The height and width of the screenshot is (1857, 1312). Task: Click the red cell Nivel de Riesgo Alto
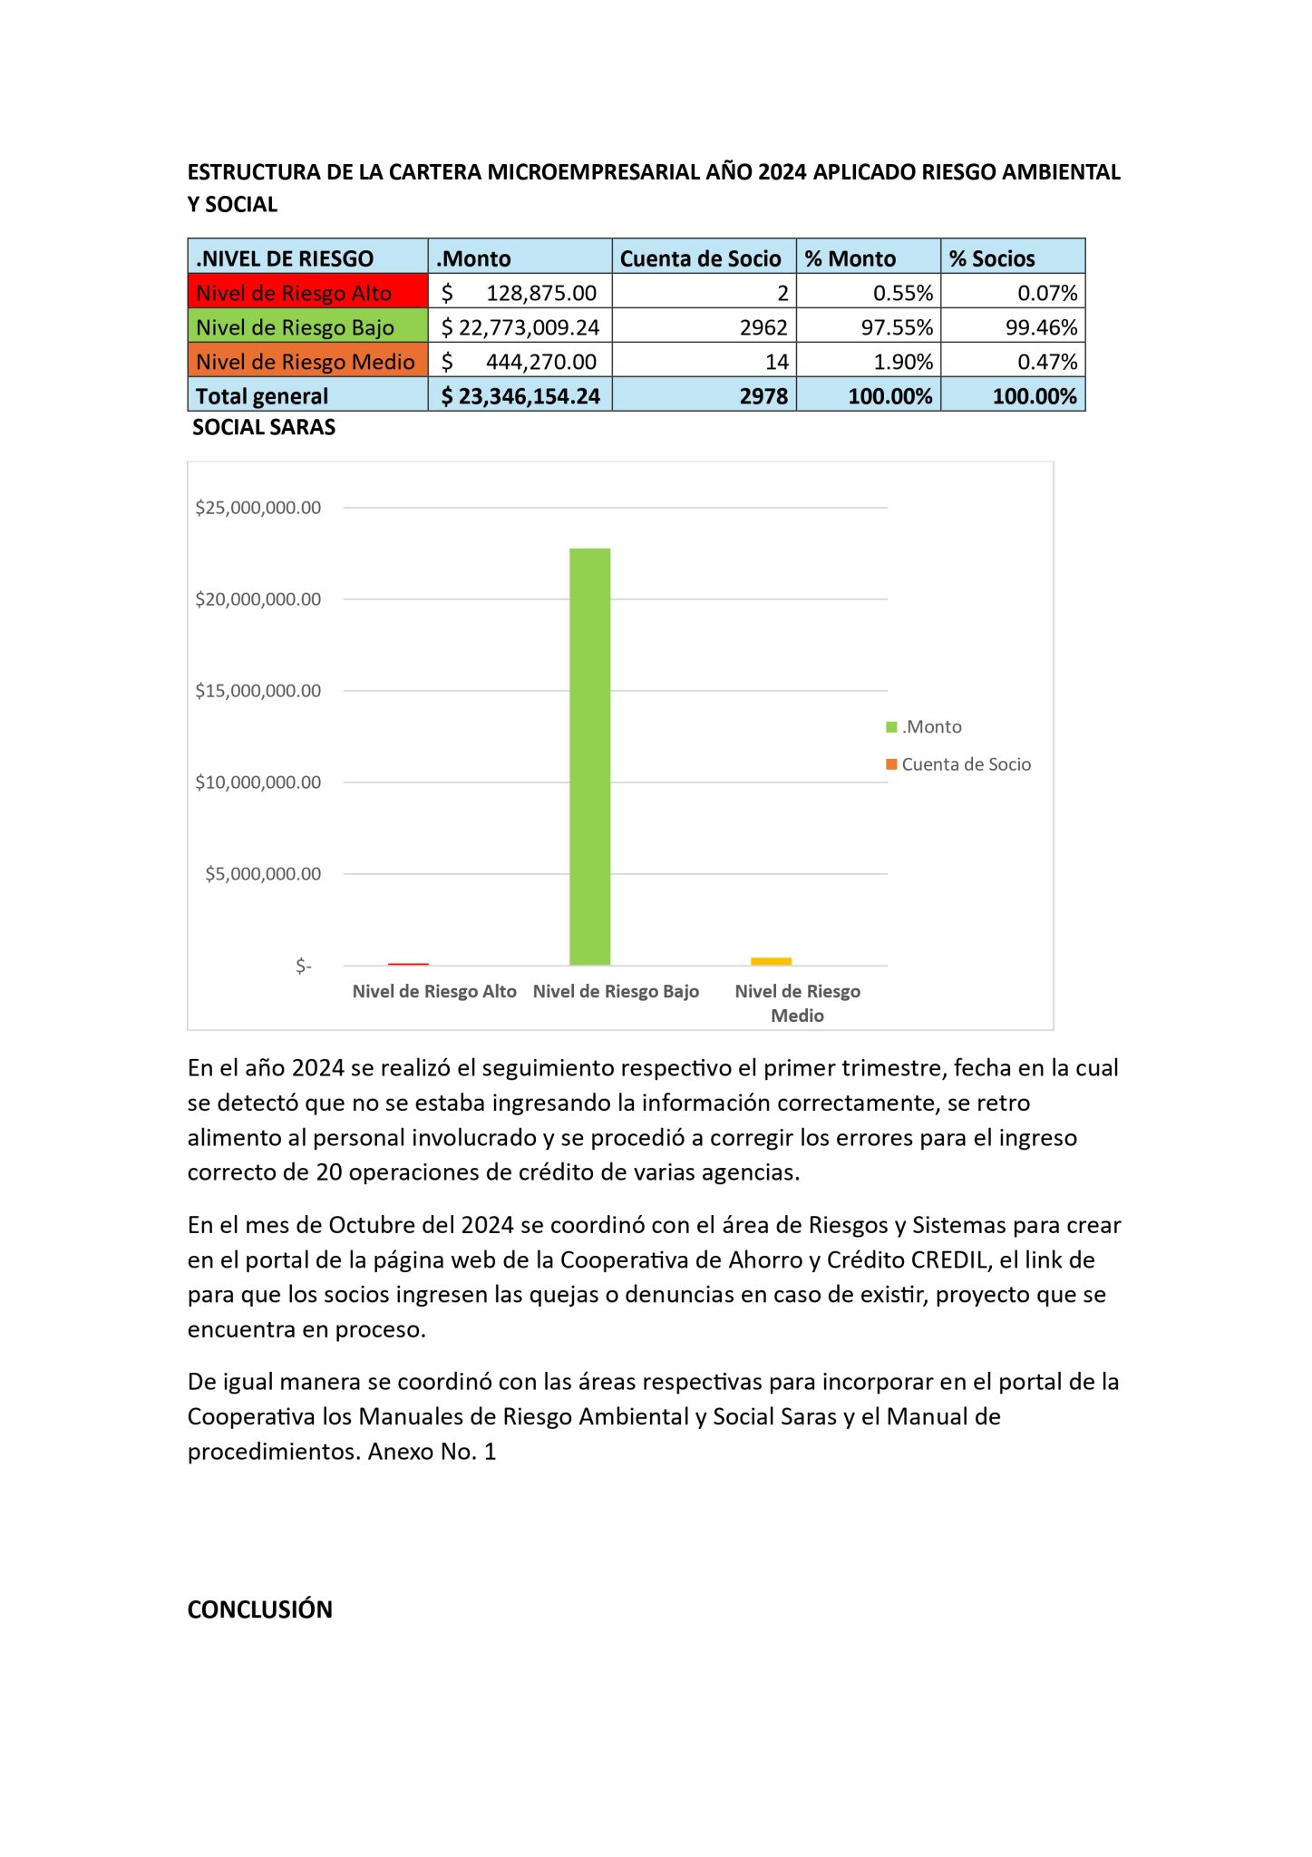tap(307, 292)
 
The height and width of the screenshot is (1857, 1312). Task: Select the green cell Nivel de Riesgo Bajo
tap(307, 326)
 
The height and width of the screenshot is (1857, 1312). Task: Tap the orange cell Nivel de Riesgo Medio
tap(307, 361)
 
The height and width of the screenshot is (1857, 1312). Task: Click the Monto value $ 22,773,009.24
tap(520, 326)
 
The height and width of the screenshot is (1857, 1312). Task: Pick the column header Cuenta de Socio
tap(701, 258)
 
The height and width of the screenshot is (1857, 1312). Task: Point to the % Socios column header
tap(992, 258)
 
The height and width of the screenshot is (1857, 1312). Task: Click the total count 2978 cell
tap(763, 396)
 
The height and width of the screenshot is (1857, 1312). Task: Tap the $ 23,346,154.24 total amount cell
tap(520, 396)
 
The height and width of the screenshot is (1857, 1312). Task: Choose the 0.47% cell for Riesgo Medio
tap(1046, 362)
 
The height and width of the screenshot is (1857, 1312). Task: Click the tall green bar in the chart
tap(589, 756)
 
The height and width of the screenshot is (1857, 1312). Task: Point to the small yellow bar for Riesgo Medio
tap(771, 961)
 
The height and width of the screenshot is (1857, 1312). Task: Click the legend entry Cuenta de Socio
tap(966, 764)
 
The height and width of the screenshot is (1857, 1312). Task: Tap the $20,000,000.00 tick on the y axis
tap(258, 599)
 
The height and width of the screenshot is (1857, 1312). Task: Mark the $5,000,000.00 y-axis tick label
tap(263, 874)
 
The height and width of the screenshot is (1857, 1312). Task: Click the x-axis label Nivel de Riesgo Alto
tap(434, 991)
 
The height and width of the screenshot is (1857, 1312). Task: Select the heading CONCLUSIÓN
tap(260, 1609)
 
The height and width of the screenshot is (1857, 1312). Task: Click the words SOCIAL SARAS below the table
tap(264, 427)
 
